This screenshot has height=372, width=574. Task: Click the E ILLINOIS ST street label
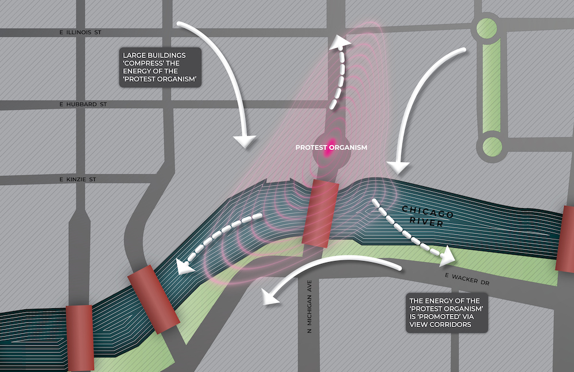(80, 33)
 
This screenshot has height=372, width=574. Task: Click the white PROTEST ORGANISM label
(331, 147)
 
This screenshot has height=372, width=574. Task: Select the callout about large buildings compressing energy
(161, 67)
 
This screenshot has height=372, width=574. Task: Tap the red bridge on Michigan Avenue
(322, 213)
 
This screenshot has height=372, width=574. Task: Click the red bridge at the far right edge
(567, 238)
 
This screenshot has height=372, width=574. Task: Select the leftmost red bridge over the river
(79, 338)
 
